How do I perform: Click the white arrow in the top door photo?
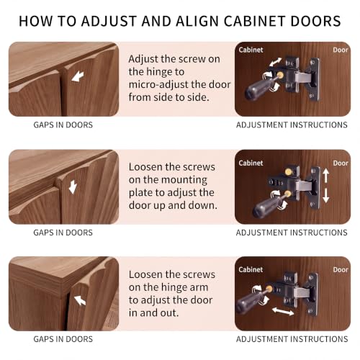pos(78,76)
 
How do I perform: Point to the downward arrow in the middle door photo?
pos(73,187)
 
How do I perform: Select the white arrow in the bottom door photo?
pos(80,300)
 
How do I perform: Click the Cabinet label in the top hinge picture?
pos(251,50)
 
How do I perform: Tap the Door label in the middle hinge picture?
pos(341,163)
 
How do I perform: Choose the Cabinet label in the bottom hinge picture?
pos(251,269)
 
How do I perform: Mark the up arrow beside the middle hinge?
pos(325,176)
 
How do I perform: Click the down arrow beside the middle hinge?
pos(325,196)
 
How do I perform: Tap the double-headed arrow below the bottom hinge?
pos(283,311)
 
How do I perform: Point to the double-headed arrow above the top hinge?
pos(276,62)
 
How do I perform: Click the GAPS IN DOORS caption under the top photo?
pos(63,125)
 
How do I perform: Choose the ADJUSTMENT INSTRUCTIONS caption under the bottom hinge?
pos(292,339)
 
